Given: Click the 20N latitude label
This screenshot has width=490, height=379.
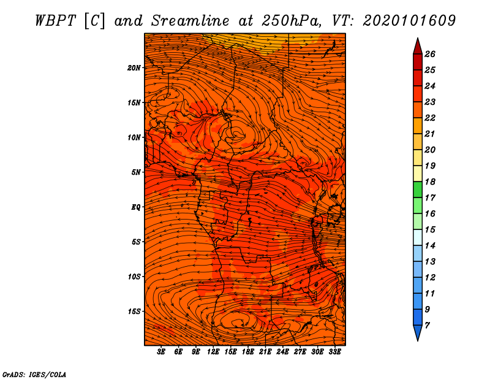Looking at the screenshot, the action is pyautogui.click(x=134, y=68).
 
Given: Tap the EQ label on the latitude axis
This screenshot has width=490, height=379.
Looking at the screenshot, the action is pyautogui.click(x=135, y=207).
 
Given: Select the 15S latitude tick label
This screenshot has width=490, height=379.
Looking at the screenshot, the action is pyautogui.click(x=134, y=312).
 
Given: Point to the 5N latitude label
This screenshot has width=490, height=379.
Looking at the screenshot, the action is pyautogui.click(x=135, y=172).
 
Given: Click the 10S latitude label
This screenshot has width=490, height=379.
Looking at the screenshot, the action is pyautogui.click(x=134, y=277).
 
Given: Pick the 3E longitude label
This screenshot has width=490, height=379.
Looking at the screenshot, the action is pyautogui.click(x=161, y=352).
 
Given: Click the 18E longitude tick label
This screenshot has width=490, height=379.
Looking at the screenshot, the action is pyautogui.click(x=248, y=352).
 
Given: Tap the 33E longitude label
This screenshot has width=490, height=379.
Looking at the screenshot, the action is pyautogui.click(x=334, y=352).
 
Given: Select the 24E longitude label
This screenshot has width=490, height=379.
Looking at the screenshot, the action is pyautogui.click(x=282, y=352).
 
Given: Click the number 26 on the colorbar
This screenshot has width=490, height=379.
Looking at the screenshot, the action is pyautogui.click(x=430, y=54).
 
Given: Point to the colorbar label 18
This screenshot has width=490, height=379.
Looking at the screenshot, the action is pyautogui.click(x=430, y=182).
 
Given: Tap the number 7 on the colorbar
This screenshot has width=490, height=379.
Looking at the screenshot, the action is pyautogui.click(x=427, y=326).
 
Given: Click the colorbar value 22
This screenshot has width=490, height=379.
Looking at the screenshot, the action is pyautogui.click(x=430, y=118).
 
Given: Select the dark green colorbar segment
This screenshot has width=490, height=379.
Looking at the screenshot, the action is pyautogui.click(x=418, y=189).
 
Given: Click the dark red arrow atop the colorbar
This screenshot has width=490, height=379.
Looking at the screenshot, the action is pyautogui.click(x=418, y=46).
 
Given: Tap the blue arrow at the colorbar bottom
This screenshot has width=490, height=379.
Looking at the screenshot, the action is pyautogui.click(x=418, y=333).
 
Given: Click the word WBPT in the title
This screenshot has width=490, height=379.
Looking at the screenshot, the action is pyautogui.click(x=56, y=21).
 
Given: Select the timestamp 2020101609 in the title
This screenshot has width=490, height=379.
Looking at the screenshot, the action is pyautogui.click(x=409, y=21).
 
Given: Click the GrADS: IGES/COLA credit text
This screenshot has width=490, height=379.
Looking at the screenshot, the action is pyautogui.click(x=34, y=375).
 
